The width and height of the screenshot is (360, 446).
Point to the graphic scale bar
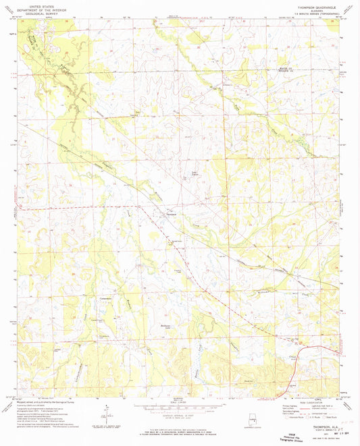pyautogui.click(x=179, y=407)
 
